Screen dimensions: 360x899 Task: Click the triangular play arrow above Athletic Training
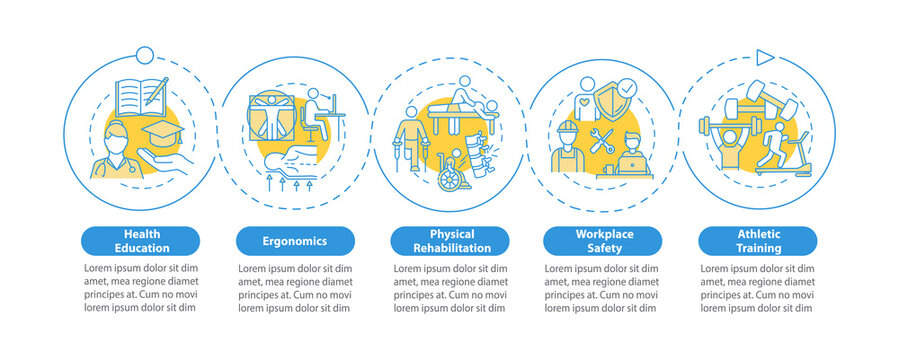tap(764, 57)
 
